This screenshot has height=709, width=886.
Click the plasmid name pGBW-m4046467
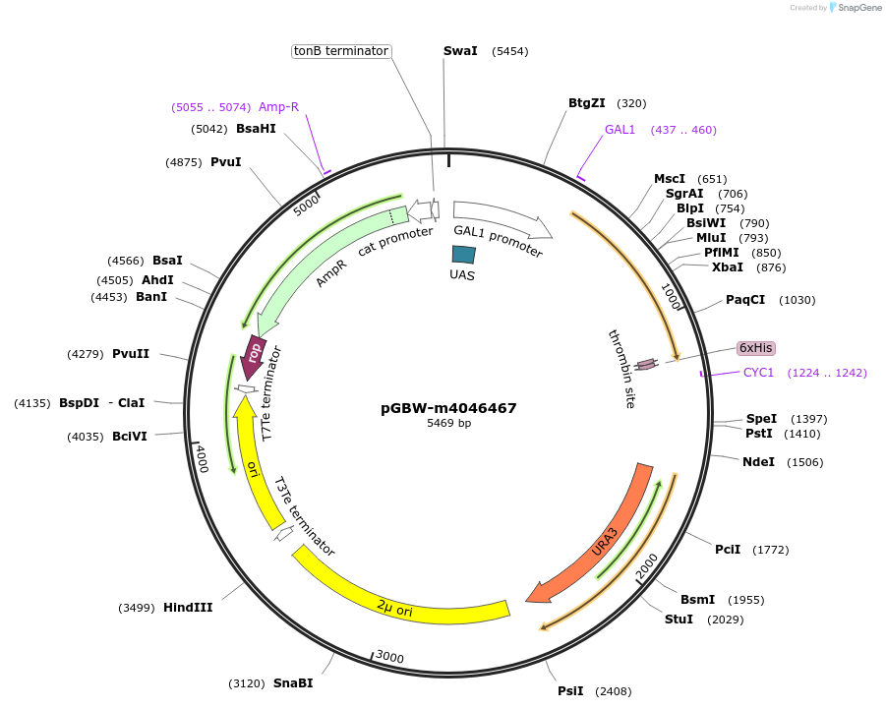(448, 408)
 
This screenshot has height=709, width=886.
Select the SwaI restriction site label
(460, 51)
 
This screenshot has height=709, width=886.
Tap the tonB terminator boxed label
(341, 51)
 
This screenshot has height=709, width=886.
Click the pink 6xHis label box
(756, 348)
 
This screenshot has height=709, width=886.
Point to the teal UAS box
(463, 255)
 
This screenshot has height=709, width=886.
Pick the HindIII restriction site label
(188, 608)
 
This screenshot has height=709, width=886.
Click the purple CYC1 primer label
(759, 373)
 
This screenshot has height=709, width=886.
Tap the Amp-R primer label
(278, 106)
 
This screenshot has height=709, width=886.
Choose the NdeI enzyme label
(758, 462)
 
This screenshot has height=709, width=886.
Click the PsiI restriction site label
(570, 691)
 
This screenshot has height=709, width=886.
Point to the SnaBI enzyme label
(293, 683)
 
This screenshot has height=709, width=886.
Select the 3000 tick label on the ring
(390, 657)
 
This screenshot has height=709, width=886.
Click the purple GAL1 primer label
(620, 130)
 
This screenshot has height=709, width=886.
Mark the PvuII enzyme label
(131, 354)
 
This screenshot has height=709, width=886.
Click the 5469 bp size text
(448, 424)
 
